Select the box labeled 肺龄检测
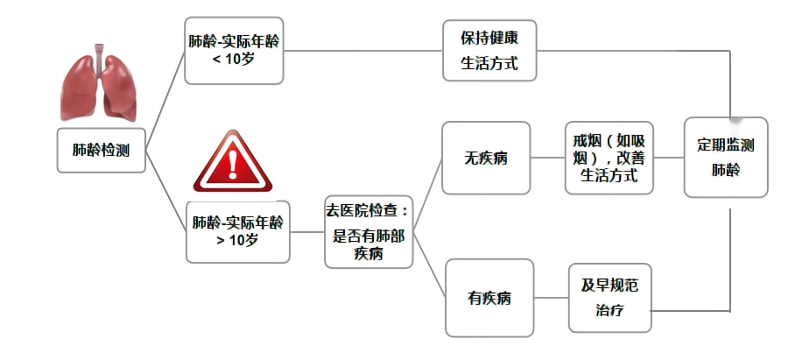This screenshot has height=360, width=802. [x=101, y=151]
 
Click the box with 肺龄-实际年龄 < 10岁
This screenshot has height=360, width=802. [x=235, y=51]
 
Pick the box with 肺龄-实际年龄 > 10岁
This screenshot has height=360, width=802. [x=237, y=231]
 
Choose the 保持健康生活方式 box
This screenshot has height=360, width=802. [x=489, y=51]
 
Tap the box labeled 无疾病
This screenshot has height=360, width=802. [x=486, y=159]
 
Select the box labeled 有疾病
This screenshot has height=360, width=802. [x=489, y=298]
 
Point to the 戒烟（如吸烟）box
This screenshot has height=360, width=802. [x=610, y=158]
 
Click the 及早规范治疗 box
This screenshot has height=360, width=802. [x=611, y=298]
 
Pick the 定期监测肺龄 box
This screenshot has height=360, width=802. [x=726, y=158]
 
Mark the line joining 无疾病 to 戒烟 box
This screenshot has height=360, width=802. [x=548, y=159]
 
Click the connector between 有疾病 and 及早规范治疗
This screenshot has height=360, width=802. [x=551, y=298]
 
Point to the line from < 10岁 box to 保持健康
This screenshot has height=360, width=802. [x=363, y=51]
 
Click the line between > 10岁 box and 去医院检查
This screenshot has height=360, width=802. [x=306, y=232]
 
